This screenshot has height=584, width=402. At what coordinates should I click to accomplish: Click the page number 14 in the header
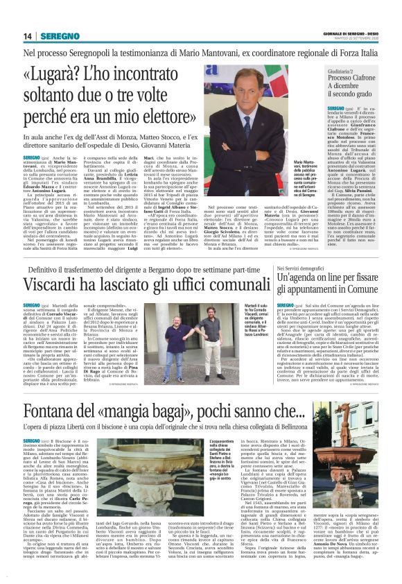pyautogui.click(x=28, y=36)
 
